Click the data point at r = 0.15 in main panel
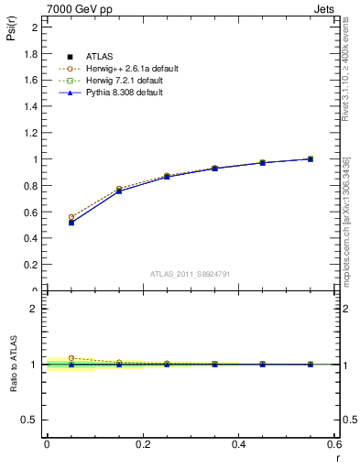click(x=119, y=191)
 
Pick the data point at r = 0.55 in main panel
click(x=311, y=158)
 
